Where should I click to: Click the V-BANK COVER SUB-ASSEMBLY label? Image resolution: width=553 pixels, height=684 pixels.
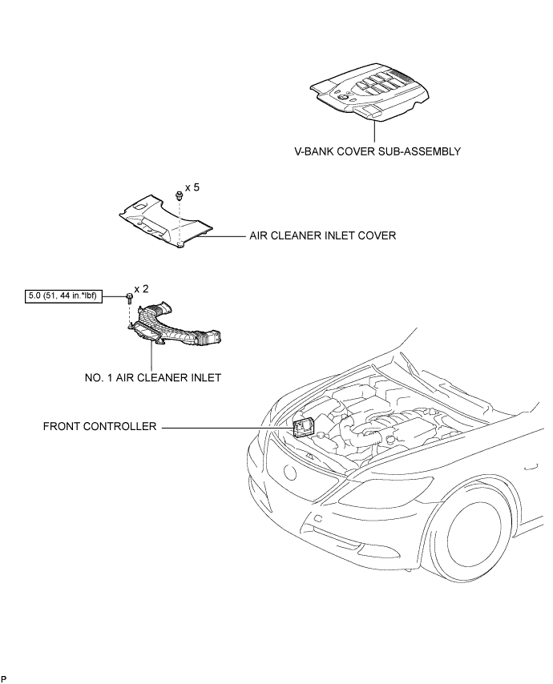(377, 150)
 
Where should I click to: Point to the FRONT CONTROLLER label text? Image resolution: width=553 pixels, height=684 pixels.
(99, 428)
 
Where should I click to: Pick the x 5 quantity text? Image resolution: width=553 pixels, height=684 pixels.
(192, 188)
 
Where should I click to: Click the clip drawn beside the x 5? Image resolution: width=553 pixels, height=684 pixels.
(176, 196)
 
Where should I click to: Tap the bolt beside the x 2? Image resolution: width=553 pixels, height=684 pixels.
(129, 299)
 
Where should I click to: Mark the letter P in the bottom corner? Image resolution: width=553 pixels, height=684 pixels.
(4, 678)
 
